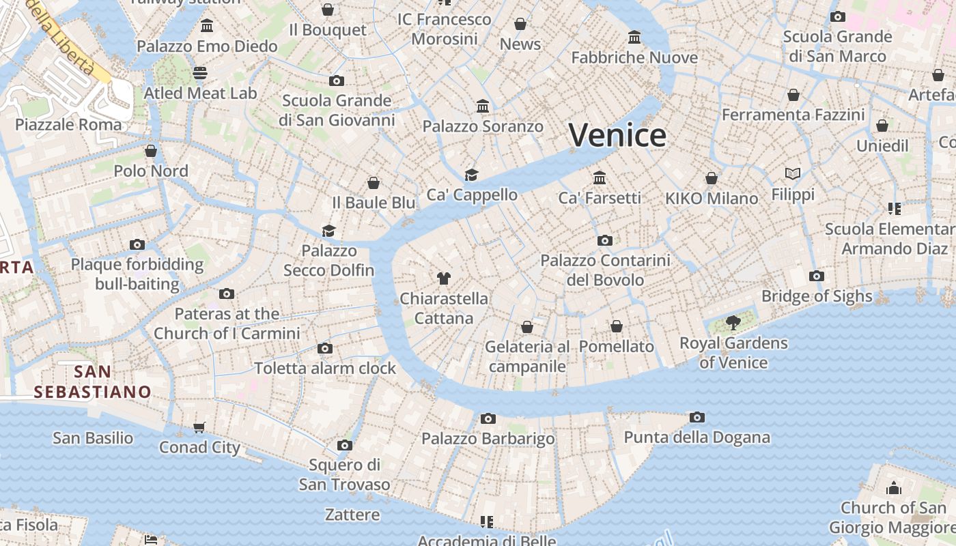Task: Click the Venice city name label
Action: pyautogui.click(x=617, y=135)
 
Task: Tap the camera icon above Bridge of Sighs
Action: pyautogui.click(x=816, y=276)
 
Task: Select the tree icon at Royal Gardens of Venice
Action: pyautogui.click(x=733, y=322)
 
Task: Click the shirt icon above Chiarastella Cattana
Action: pyautogui.click(x=444, y=278)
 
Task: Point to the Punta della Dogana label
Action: pyautogui.click(x=697, y=437)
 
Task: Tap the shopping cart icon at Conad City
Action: pyautogui.click(x=199, y=428)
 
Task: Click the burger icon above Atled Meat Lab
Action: pyautogui.click(x=200, y=73)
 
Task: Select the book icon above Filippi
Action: pyautogui.click(x=793, y=174)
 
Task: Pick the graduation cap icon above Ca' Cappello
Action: pyautogui.click(x=471, y=175)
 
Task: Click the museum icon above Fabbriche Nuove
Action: pyautogui.click(x=634, y=37)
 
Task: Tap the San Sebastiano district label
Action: pyautogui.click(x=93, y=382)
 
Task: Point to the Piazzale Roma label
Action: pyautogui.click(x=68, y=125)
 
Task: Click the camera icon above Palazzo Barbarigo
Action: pyautogui.click(x=488, y=418)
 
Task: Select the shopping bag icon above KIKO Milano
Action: pyautogui.click(x=712, y=178)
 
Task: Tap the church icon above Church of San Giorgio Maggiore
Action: pyautogui.click(x=893, y=488)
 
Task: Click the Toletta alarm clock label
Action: pyautogui.click(x=325, y=369)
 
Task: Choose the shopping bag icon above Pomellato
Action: pyautogui.click(x=617, y=326)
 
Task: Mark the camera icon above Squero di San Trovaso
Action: pyautogui.click(x=344, y=446)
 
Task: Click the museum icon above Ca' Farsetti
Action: pyautogui.click(x=600, y=178)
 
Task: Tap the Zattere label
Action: pyautogui.click(x=352, y=515)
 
